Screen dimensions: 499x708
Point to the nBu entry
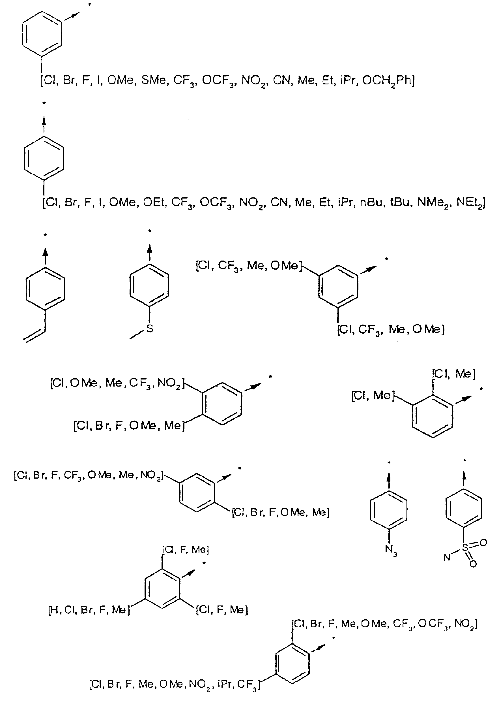(372, 202)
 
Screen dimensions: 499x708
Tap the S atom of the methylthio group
(150, 329)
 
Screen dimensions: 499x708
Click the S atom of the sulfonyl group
(465, 548)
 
